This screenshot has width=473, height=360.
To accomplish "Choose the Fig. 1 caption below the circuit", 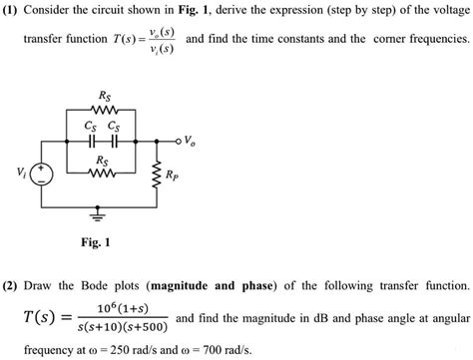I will [96, 242].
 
